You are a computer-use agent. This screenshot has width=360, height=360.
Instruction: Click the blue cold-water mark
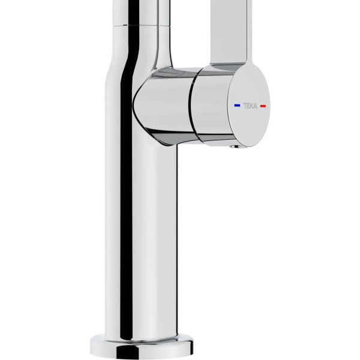pos(237,106)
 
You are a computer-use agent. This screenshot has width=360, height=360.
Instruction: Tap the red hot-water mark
pos(263,106)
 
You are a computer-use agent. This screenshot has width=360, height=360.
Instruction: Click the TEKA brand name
pos(250,106)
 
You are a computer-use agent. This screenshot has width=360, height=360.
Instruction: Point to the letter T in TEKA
pos(245,106)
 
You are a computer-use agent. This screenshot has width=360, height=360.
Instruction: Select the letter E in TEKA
pos(248,106)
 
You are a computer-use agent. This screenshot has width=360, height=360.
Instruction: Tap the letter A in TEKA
pos(256,106)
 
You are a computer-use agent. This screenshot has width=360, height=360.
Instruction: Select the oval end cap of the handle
pos(249,106)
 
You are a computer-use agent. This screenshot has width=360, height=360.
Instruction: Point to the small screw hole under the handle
pos(235,147)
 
